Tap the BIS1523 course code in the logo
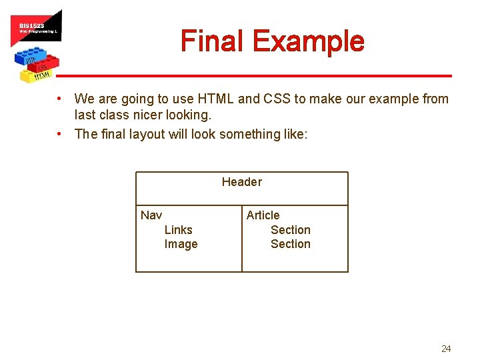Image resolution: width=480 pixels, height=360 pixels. tap(31, 25)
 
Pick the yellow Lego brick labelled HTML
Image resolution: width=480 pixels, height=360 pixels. tap(41, 75)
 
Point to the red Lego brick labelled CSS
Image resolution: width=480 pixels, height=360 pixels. tap(44, 65)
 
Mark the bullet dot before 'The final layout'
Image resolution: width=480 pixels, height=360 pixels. tap(60, 133)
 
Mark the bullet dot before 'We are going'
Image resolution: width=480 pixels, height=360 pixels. tap(60, 99)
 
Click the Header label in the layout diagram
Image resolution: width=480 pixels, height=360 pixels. tap(242, 182)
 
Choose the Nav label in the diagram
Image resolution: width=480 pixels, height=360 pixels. tap(151, 215)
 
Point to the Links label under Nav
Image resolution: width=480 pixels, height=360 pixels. tap(178, 230)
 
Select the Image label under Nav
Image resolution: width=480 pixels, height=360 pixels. tap(181, 244)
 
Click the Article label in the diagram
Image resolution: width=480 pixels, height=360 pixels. tap(263, 215)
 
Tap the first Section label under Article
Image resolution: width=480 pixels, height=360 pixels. tap(290, 230)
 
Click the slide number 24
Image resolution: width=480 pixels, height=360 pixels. tap(446, 349)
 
